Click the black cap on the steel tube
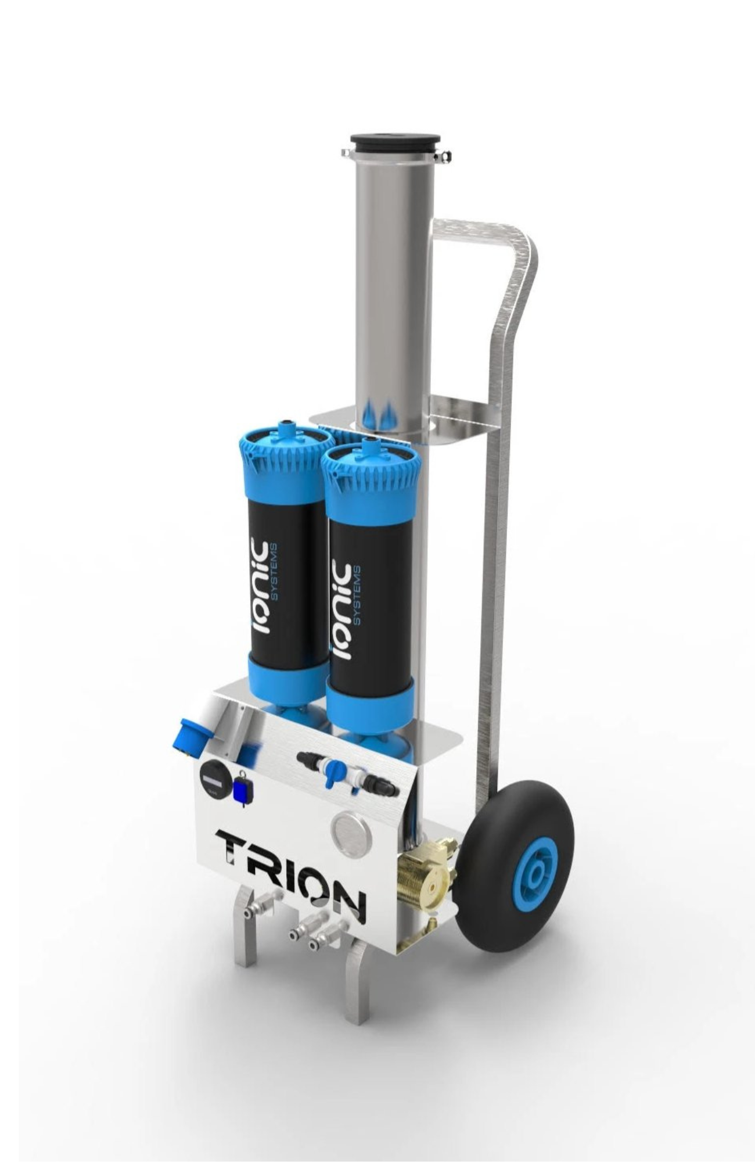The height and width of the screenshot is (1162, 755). click(x=395, y=142)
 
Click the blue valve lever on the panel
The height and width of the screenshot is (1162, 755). click(x=333, y=773)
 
